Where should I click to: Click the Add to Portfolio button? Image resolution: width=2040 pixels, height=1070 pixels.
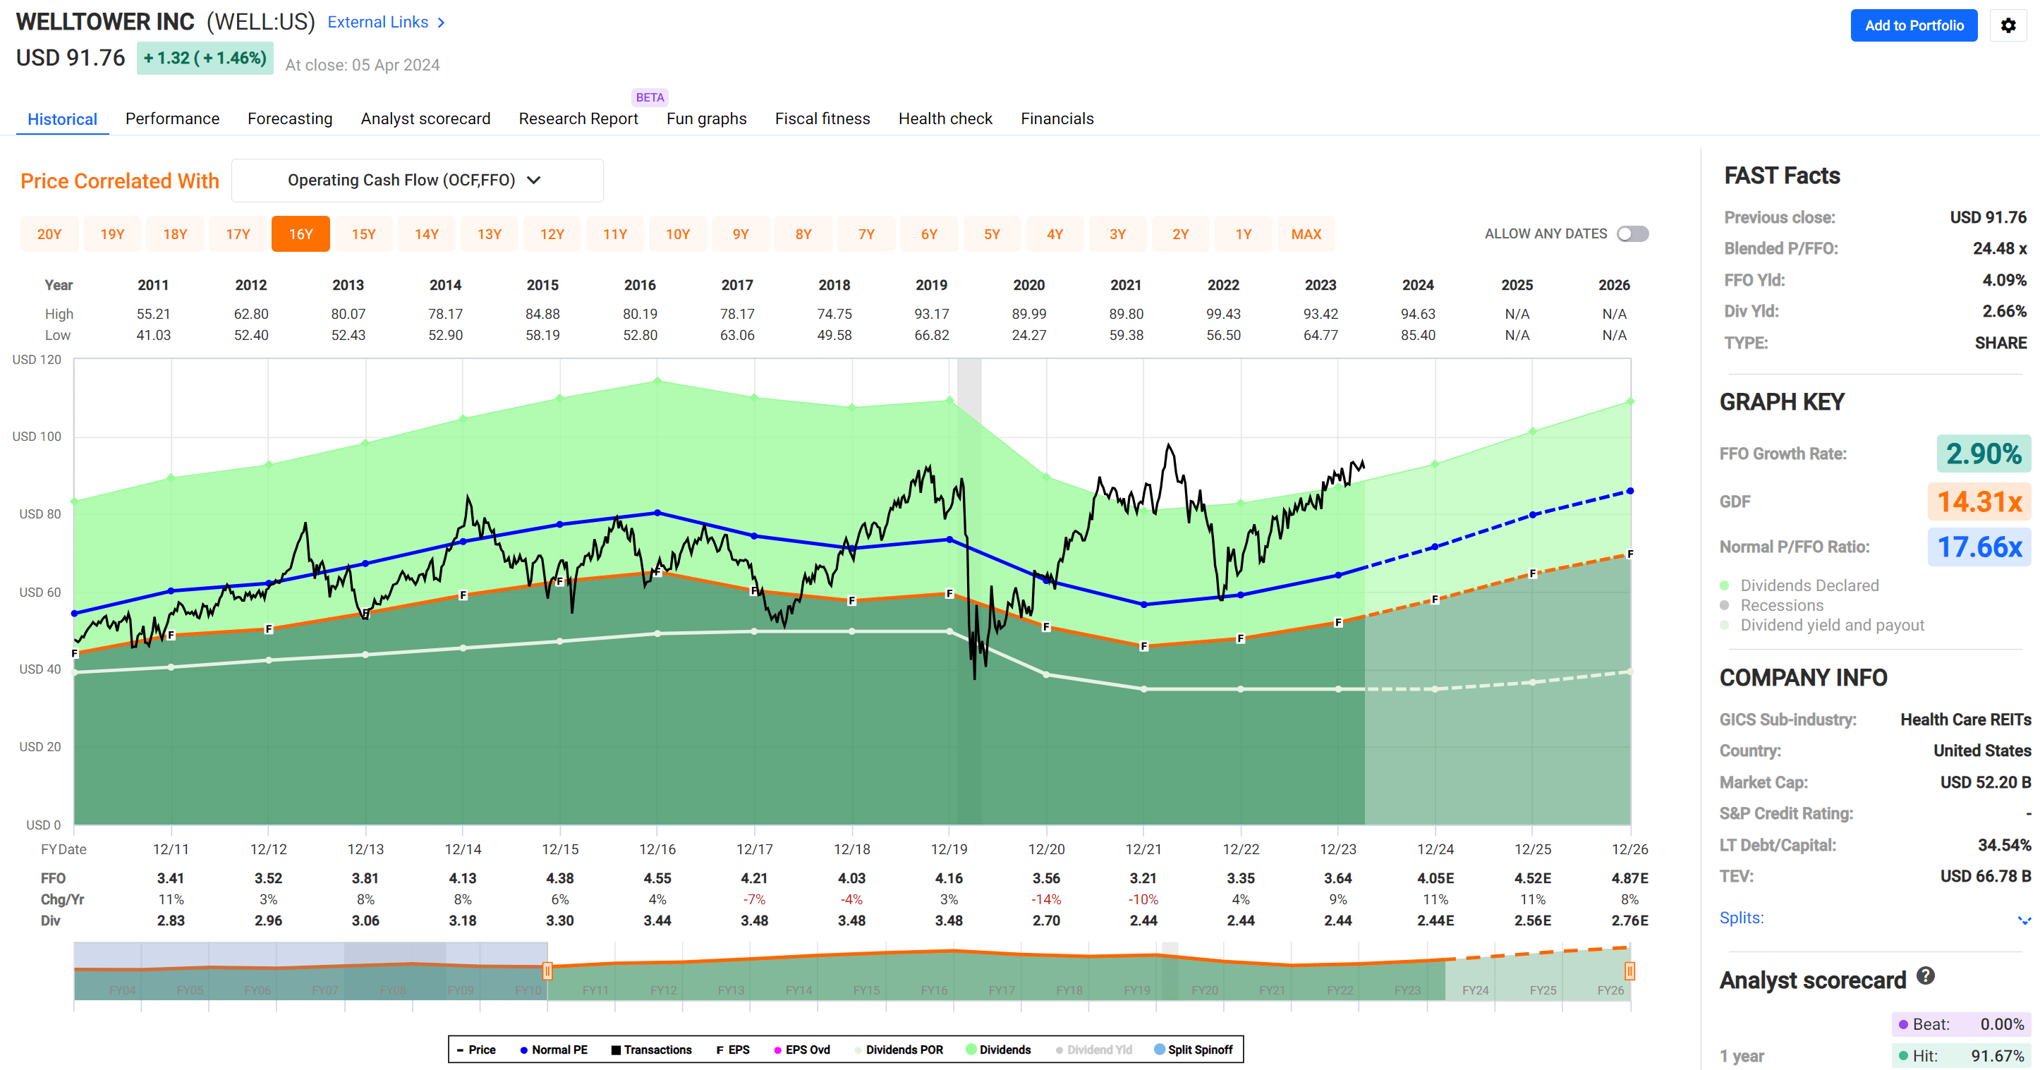[x=1913, y=25]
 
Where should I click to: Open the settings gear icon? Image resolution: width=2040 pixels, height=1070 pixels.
[x=2008, y=25]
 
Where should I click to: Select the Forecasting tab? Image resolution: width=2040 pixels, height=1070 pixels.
[x=290, y=118]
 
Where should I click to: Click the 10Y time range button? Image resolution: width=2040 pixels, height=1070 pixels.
[x=677, y=234]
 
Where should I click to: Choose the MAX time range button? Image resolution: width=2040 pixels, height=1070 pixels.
[x=1306, y=234]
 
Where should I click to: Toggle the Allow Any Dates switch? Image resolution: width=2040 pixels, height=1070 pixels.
[x=1632, y=234]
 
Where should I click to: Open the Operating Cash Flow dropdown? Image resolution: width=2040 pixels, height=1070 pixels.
[x=417, y=181]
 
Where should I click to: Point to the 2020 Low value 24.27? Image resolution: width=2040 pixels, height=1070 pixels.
[x=1028, y=335]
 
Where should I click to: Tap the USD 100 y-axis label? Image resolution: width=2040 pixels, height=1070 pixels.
[x=37, y=437]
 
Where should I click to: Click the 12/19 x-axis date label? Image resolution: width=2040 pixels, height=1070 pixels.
[x=949, y=849]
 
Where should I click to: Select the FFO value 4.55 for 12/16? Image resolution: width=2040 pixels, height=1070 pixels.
[x=657, y=878]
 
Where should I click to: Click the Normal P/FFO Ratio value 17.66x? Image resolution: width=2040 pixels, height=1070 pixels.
[x=1979, y=547]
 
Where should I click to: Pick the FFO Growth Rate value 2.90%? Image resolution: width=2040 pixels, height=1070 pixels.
[x=1983, y=454]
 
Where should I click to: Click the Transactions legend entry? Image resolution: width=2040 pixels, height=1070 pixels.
[x=651, y=1050]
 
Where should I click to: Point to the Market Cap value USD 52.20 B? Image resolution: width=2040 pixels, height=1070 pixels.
[x=1984, y=782]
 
